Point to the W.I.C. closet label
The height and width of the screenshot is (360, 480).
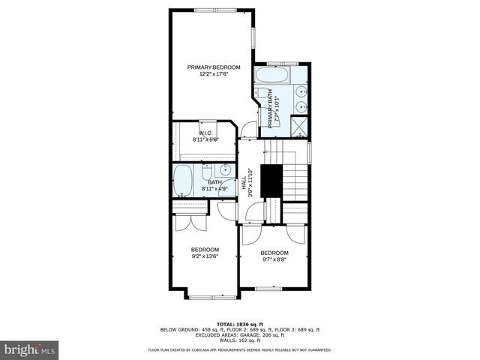pos(206,133)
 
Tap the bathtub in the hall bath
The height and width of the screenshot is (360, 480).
pos(184,181)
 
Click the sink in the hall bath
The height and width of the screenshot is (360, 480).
pos(226,172)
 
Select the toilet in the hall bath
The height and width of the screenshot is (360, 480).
pos(206,175)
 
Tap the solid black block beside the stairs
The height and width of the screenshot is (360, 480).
pos(269,180)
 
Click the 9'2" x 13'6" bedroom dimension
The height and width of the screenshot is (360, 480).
pos(204,256)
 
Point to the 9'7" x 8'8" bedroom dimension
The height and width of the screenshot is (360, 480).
pos(274,261)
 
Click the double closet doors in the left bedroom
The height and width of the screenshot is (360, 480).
pos(184,223)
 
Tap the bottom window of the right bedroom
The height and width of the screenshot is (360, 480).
pos(267,289)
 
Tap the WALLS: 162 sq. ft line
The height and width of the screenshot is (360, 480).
pos(239,340)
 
